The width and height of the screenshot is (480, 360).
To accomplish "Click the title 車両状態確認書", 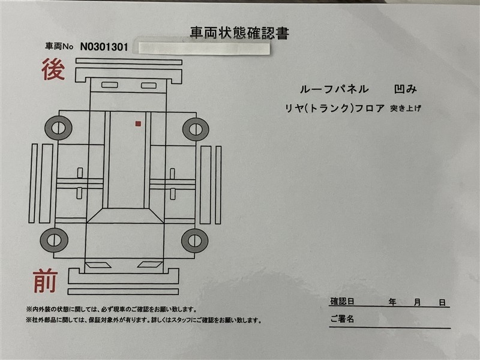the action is tap(239, 33).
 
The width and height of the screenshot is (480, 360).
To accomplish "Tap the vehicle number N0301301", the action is tap(104, 47).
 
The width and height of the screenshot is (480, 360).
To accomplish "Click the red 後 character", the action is tap(53, 69).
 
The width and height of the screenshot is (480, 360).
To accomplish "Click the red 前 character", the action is tap(46, 281).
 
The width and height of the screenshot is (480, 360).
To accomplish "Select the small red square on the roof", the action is tap(138, 124).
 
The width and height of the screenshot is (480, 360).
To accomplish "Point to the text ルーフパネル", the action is tap(334, 89).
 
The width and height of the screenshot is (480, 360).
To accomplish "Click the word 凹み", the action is tap(406, 89).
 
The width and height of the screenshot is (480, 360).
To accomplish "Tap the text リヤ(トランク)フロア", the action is tap(335, 109).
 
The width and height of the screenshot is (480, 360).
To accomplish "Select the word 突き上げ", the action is tap(406, 109).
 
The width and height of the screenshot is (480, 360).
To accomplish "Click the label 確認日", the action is tap(342, 301).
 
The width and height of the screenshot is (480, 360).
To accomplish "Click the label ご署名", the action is tap(342, 319).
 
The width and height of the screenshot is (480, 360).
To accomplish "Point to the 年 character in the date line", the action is tap(392, 302).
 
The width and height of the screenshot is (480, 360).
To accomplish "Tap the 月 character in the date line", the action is tap(417, 302).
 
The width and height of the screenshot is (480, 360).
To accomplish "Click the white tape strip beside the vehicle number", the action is tap(204, 49).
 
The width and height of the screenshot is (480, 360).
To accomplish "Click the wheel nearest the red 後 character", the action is tap(58, 128).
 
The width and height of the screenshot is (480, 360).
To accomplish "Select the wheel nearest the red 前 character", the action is tap(54, 239).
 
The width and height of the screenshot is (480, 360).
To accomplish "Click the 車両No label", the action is tap(59, 47).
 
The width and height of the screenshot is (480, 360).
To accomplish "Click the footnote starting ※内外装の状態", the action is tap(112, 310).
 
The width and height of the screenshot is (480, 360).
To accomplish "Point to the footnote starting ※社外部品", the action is tap(144, 320).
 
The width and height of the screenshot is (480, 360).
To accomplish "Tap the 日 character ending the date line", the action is tap(442, 303).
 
